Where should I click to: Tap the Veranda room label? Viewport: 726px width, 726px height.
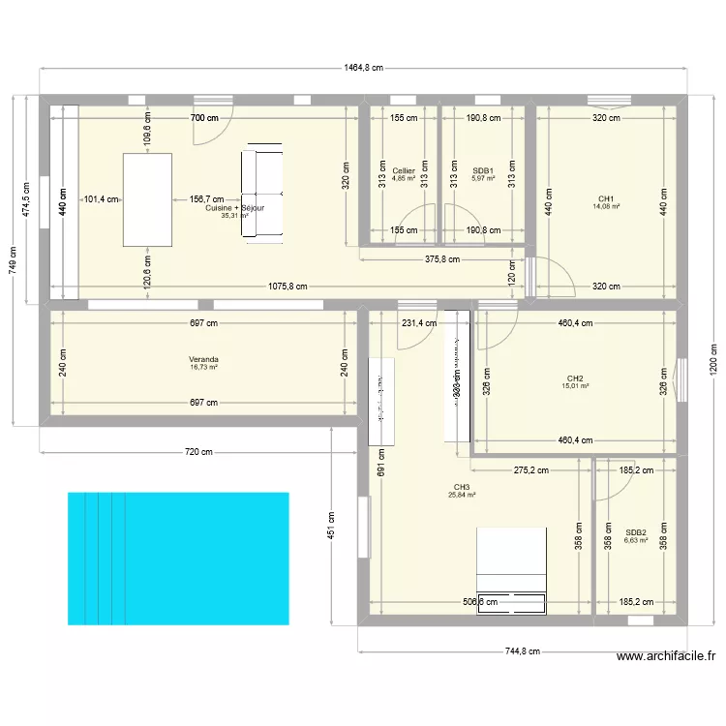pyautogui.click(x=204, y=359)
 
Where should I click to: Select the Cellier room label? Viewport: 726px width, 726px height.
pyautogui.click(x=404, y=171)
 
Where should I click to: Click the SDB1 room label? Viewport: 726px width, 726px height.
pyautogui.click(x=483, y=171)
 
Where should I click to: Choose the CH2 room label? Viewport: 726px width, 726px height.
pyautogui.click(x=575, y=378)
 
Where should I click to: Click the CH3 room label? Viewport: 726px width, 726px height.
pyautogui.click(x=461, y=487)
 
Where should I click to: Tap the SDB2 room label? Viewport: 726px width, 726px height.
pyautogui.click(x=635, y=531)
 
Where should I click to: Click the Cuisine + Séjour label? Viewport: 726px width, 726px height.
pyautogui.click(x=235, y=208)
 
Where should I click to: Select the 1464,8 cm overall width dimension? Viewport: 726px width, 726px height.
pyautogui.click(x=364, y=68)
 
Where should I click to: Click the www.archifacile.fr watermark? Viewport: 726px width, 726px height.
pyautogui.click(x=666, y=656)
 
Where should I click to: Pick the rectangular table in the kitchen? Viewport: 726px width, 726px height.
pyautogui.click(x=147, y=199)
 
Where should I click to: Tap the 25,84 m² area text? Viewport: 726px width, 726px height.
pyautogui.click(x=461, y=496)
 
